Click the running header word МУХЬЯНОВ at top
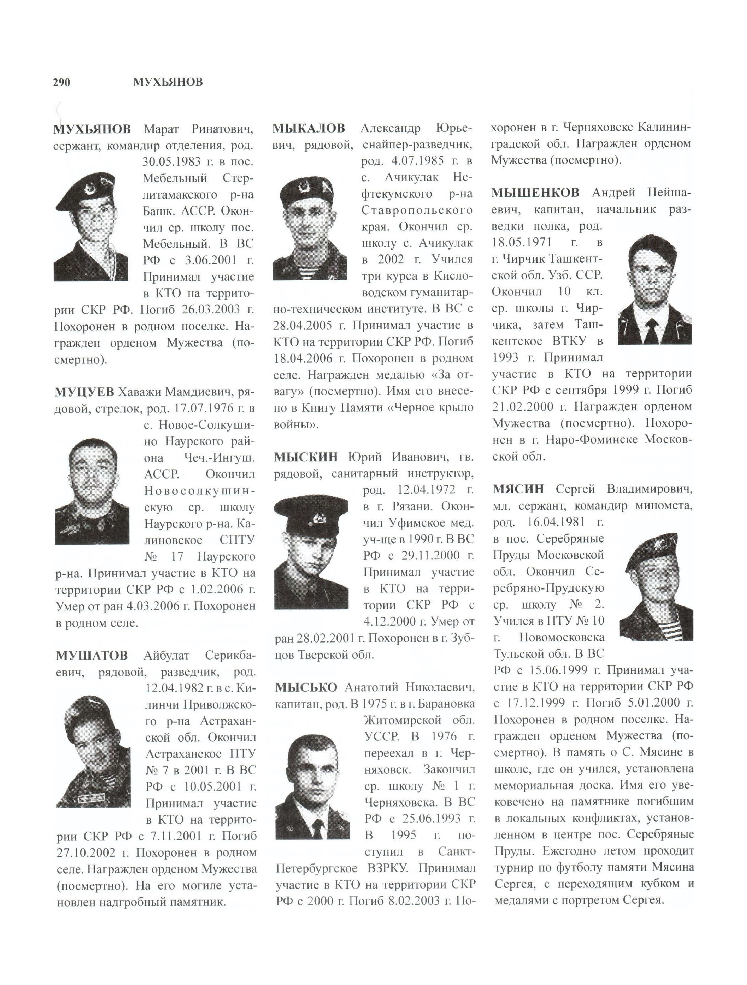pyautogui.click(x=168, y=82)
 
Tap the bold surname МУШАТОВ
pyautogui.click(x=92, y=655)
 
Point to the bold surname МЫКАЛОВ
pyautogui.click(x=309, y=129)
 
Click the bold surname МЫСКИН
pyautogui.click(x=306, y=457)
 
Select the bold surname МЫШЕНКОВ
pyautogui.click(x=535, y=193)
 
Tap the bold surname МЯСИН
pyautogui.click(x=518, y=489)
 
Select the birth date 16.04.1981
pyautogui.click(x=553, y=522)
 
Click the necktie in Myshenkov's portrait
pyautogui.click(x=652, y=330)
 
